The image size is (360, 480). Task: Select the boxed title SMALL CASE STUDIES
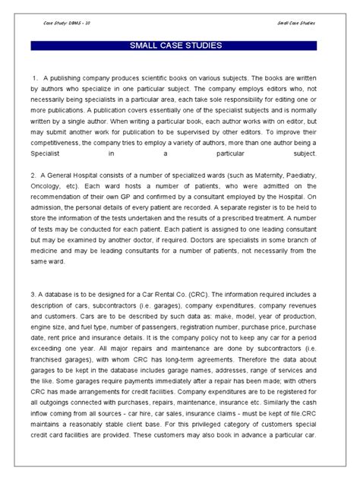coord(180,47)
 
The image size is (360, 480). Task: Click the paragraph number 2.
coord(35,175)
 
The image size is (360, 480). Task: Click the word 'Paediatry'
coord(311,175)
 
